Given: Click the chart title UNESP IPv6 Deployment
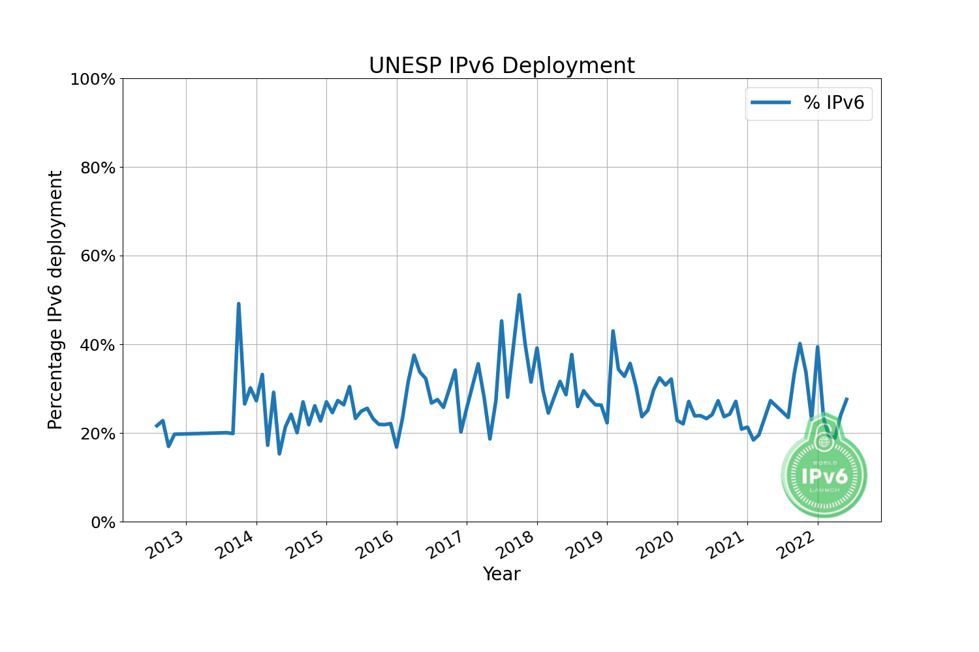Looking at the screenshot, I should (x=501, y=66).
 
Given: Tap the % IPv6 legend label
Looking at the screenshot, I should (x=833, y=102).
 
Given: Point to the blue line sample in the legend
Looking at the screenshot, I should (x=771, y=102).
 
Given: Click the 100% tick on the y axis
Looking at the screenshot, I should (x=92, y=79).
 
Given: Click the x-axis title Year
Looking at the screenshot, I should (x=501, y=574).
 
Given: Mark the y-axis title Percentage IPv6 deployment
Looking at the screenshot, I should (x=55, y=300).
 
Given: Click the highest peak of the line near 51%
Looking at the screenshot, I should (x=519, y=295).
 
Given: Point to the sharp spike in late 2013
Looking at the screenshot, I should (x=238, y=304).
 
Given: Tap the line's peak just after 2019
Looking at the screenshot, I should (x=613, y=331).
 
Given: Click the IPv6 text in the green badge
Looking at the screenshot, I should (x=824, y=476).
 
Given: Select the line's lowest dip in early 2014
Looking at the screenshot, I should (x=279, y=453).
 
